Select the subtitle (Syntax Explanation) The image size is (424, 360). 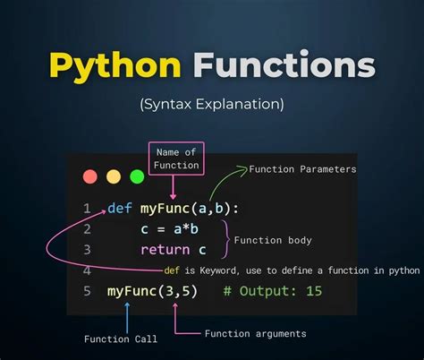click(x=211, y=104)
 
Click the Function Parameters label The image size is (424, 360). click(x=302, y=169)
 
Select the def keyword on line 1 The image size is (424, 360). click(x=120, y=209)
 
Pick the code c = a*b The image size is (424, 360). click(x=168, y=229)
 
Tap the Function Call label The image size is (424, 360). click(x=121, y=339)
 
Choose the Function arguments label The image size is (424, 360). click(x=255, y=333)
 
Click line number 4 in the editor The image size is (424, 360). click(x=87, y=270)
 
